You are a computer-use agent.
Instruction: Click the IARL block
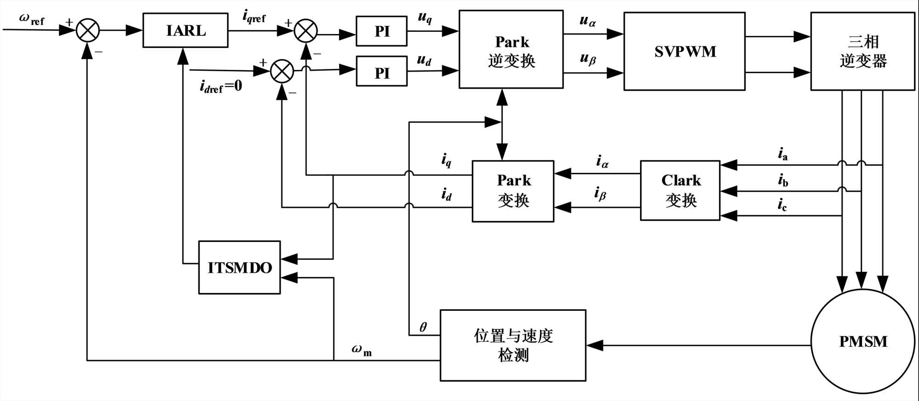(x=185, y=30)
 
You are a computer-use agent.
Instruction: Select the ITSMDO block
(x=239, y=267)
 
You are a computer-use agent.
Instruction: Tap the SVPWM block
(x=684, y=51)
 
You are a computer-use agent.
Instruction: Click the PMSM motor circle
(x=862, y=341)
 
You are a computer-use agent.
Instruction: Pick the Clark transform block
(x=680, y=190)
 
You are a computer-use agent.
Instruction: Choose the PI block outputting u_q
(x=381, y=31)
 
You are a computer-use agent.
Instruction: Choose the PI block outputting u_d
(x=381, y=71)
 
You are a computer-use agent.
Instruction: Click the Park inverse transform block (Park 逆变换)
(x=511, y=49)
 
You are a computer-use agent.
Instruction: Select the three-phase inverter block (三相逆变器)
(x=862, y=51)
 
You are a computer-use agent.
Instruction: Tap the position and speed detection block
(x=513, y=345)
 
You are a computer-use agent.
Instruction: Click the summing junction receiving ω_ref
(x=87, y=30)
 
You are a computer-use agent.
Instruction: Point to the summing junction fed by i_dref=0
(x=282, y=71)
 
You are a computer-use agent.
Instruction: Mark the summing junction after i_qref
(x=306, y=31)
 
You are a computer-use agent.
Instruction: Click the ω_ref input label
(x=31, y=19)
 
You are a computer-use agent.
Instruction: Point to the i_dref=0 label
(x=221, y=86)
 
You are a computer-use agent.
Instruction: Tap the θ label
(x=423, y=327)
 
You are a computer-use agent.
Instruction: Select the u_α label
(x=587, y=21)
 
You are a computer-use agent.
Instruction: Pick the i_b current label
(x=783, y=180)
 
